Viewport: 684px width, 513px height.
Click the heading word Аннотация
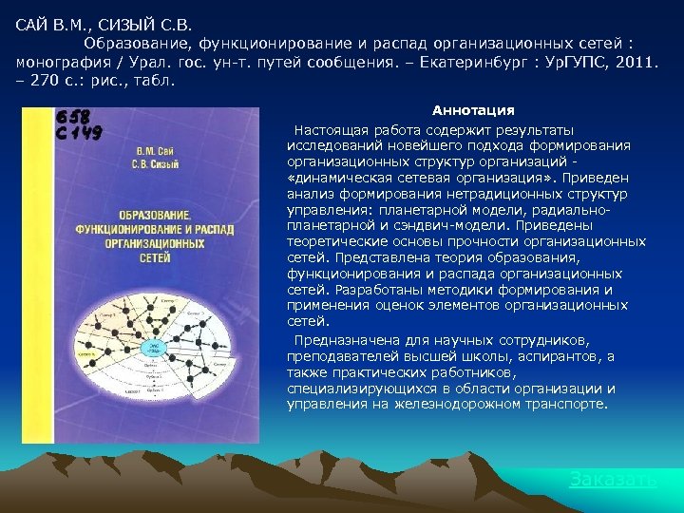click(x=473, y=111)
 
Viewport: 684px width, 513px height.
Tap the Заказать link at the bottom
click(x=612, y=479)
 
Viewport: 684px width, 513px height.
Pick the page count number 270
click(x=45, y=81)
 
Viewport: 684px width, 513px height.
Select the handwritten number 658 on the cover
click(x=73, y=117)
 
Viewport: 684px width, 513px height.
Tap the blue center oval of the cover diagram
click(x=150, y=351)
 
